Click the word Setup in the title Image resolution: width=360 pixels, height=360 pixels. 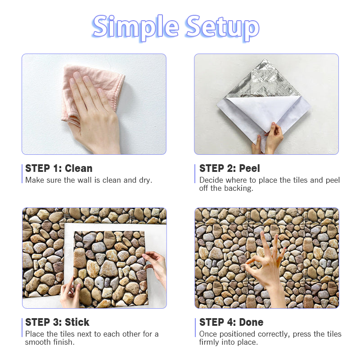tap(223, 28)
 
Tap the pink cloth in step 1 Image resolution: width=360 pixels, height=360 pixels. tap(92, 92)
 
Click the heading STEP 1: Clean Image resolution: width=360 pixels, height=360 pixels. tap(59, 168)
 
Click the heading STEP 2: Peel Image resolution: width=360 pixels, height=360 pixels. tap(229, 168)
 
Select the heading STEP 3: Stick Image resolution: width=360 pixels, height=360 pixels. tap(57, 322)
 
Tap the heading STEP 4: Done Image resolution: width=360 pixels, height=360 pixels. tap(231, 322)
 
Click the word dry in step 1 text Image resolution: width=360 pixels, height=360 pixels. tap(145, 180)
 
